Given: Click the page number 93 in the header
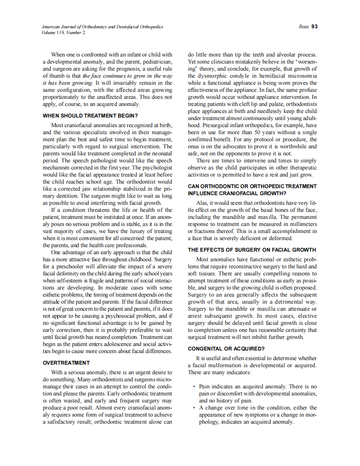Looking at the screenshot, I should tap(314, 27).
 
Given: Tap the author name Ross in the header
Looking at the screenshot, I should tap(303, 27).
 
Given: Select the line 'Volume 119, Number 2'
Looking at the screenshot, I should tap(63, 32).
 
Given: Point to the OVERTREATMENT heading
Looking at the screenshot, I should tap(66, 363).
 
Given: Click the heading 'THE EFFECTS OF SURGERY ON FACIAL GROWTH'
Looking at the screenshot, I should tap(252, 250).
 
